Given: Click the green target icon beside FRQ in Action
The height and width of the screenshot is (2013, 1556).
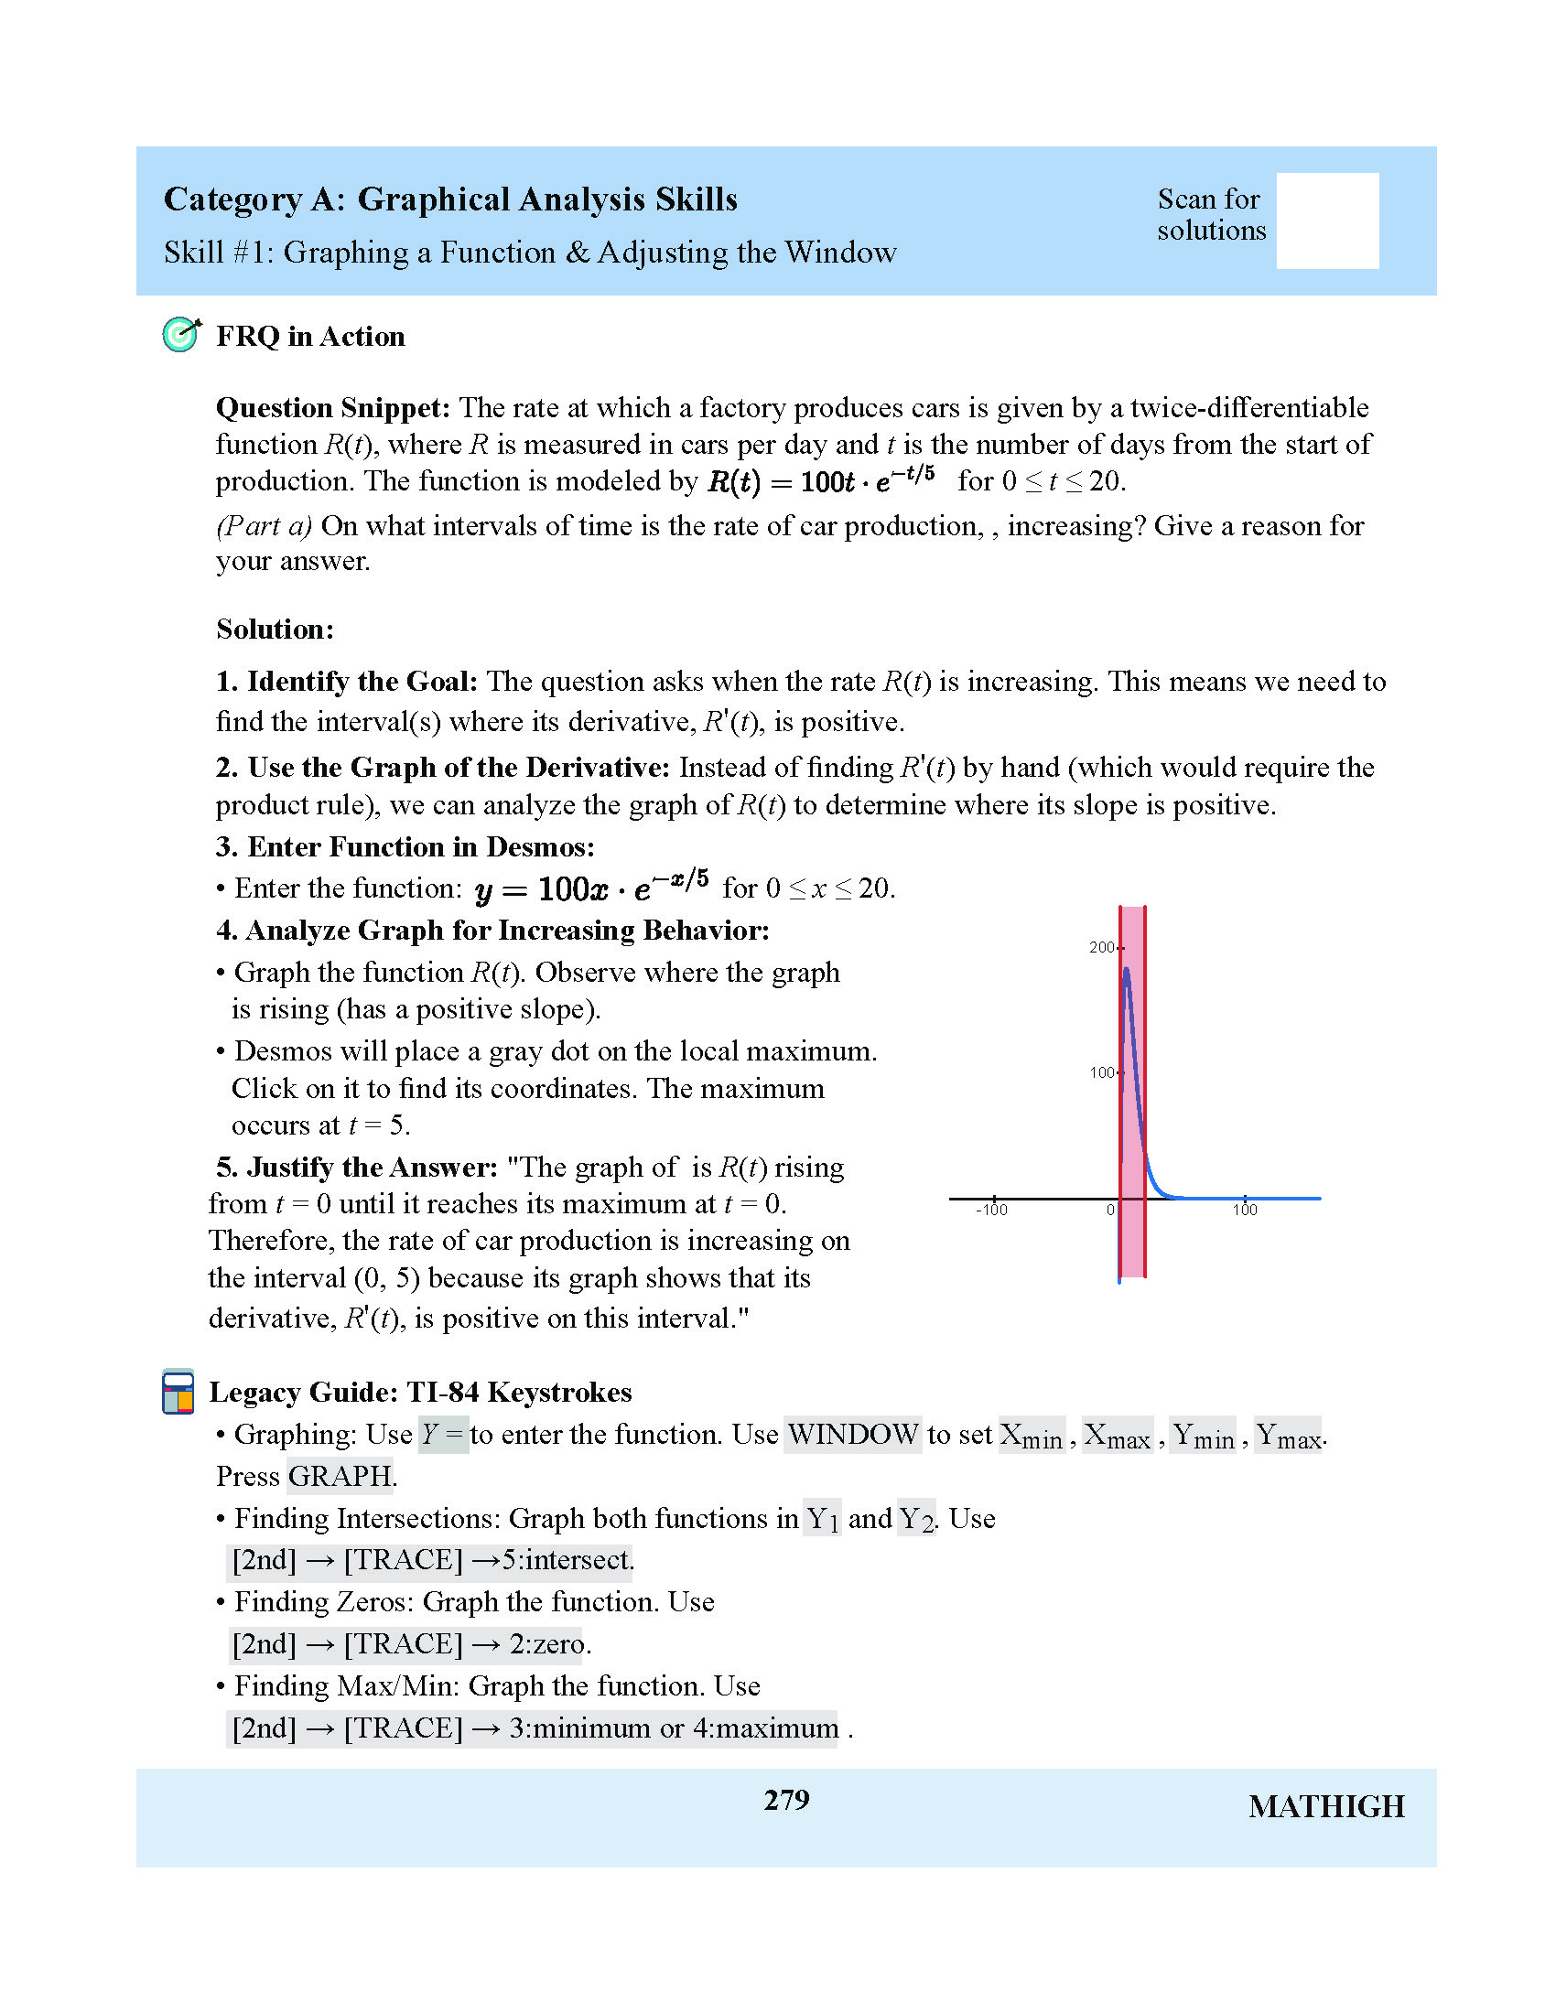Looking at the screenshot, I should (x=180, y=335).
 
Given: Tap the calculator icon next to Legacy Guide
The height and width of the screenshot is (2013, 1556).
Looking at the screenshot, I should (x=178, y=1392).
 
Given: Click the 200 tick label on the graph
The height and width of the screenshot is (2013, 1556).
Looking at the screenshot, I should (x=1100, y=948).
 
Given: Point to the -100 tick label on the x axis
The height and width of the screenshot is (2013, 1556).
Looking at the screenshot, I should (x=991, y=1211).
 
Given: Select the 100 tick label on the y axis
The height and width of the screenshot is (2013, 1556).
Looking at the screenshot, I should (x=1100, y=1073).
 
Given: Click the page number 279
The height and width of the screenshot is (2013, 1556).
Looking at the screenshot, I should (x=786, y=1800).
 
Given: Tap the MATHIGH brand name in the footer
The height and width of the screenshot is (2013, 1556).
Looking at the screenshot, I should (x=1325, y=1807).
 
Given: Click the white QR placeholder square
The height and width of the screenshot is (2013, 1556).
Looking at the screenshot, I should (x=1326, y=221).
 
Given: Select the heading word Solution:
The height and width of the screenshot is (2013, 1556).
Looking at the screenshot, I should (x=275, y=630).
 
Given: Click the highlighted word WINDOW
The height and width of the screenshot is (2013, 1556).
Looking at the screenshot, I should (x=853, y=1435).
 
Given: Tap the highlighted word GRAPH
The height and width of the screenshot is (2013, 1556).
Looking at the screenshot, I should (x=340, y=1477).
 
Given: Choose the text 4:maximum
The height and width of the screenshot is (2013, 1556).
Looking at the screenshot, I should (x=765, y=1728).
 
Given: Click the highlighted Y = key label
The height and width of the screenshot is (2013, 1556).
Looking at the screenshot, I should (x=442, y=1435).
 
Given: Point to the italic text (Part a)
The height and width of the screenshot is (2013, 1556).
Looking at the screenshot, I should (x=264, y=526).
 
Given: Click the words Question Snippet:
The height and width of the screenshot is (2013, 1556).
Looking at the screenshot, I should (x=333, y=407).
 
